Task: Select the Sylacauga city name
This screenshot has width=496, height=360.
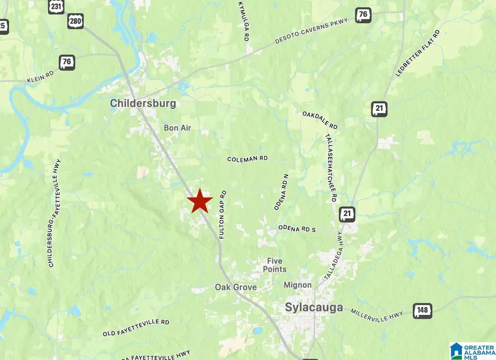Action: tap(314, 307)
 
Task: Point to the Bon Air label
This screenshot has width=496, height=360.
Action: tap(177, 128)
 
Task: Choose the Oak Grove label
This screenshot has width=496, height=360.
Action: tap(236, 287)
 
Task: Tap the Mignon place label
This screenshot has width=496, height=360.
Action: tap(298, 285)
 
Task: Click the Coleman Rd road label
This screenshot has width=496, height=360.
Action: tap(247, 159)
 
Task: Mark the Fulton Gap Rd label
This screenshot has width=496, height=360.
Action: tap(223, 214)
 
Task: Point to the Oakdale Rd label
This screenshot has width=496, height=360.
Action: tap(320, 120)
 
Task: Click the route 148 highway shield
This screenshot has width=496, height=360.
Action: tap(423, 311)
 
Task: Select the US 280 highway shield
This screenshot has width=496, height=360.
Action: tap(76, 22)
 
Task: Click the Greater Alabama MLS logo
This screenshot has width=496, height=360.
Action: tap(472, 351)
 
